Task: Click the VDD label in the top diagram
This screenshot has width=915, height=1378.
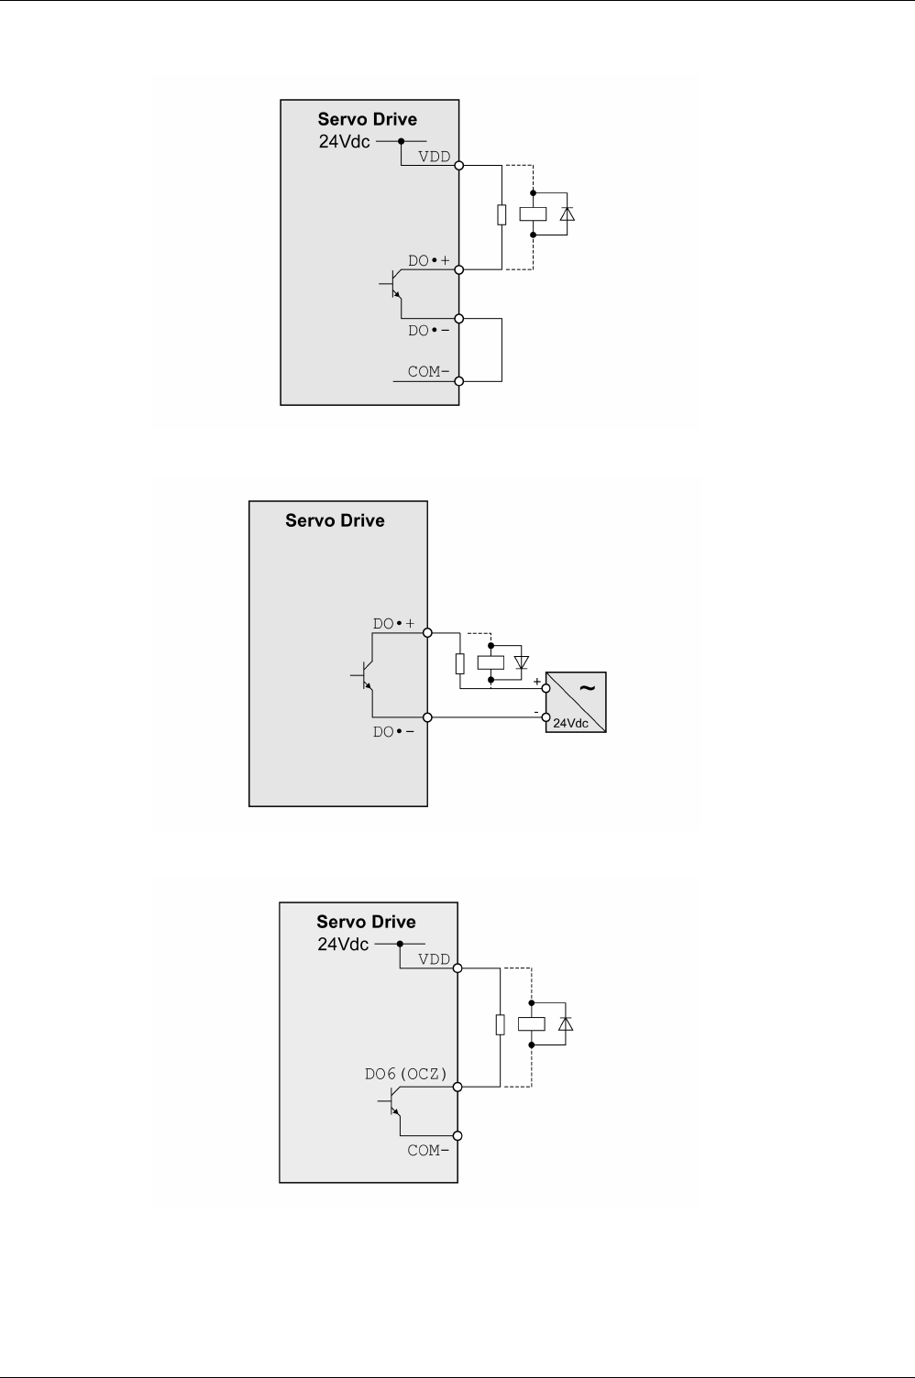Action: pyautogui.click(x=434, y=156)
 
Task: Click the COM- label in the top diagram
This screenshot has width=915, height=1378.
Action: pyautogui.click(x=428, y=371)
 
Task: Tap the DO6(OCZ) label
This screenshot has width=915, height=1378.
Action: pyautogui.click(x=405, y=1074)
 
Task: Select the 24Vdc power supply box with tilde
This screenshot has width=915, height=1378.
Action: pyautogui.click(x=576, y=702)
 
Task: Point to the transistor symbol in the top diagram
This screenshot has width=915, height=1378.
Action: pyautogui.click(x=393, y=286)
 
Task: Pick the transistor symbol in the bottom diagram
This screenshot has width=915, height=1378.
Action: pyautogui.click(x=393, y=1104)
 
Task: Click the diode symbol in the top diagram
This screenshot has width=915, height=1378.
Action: pyautogui.click(x=567, y=213)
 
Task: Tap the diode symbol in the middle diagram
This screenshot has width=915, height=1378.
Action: pyautogui.click(x=522, y=662)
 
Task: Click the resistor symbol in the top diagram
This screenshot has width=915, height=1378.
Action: pyautogui.click(x=502, y=214)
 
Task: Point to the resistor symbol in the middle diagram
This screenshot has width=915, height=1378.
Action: pyautogui.click(x=459, y=662)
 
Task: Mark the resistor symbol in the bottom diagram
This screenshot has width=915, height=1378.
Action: pyautogui.click(x=500, y=1023)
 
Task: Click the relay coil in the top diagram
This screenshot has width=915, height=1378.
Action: pyautogui.click(x=533, y=213)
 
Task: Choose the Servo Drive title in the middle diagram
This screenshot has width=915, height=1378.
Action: pyautogui.click(x=335, y=520)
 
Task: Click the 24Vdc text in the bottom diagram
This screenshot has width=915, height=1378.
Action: pyautogui.click(x=343, y=944)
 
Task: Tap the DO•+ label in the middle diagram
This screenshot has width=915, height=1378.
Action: pyautogui.click(x=393, y=623)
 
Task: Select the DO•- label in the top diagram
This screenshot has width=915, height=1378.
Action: pyautogui.click(x=428, y=330)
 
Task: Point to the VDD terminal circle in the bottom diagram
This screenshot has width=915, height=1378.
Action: pyautogui.click(x=458, y=968)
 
